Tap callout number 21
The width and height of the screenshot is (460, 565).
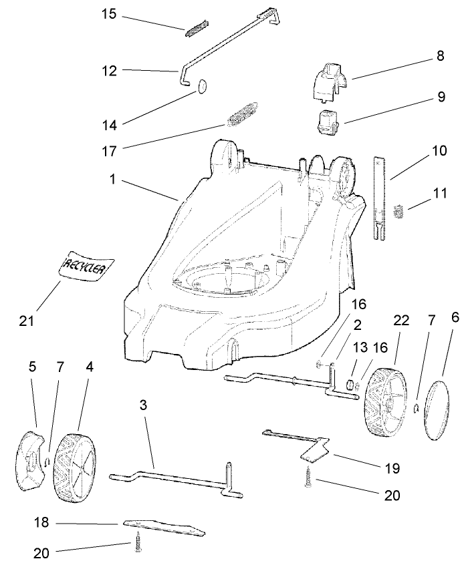(x=27, y=321)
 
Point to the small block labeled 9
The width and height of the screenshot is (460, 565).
(x=328, y=122)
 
